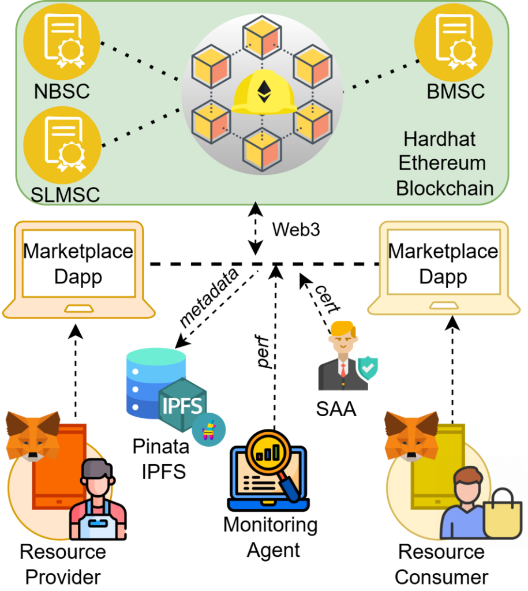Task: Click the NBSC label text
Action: pyautogui.click(x=62, y=91)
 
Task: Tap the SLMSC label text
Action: pyautogui.click(x=65, y=194)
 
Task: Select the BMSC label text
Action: pyautogui.click(x=456, y=91)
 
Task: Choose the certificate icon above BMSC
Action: pyautogui.click(x=454, y=42)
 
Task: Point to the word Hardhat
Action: pyautogui.click(x=440, y=139)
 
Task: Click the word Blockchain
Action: pyautogui.click(x=444, y=188)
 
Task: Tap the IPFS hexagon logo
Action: pyautogui.click(x=182, y=405)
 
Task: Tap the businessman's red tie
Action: pyautogui.click(x=343, y=369)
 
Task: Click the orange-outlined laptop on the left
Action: pyautogui.click(x=78, y=269)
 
